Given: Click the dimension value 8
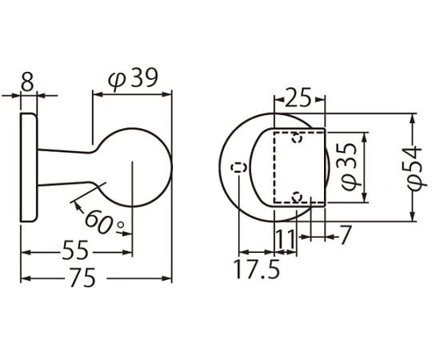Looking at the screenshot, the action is pyautogui.click(x=27, y=82).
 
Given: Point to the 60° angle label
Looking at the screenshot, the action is pyautogui.click(x=104, y=222).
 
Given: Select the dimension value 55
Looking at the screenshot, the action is pyautogui.click(x=75, y=250).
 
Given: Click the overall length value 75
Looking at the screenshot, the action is pyautogui.click(x=82, y=278).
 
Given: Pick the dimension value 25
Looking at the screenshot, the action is pyautogui.click(x=298, y=97).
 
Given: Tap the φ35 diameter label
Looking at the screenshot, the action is pyautogui.click(x=349, y=167).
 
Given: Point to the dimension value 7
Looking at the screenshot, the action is pyautogui.click(x=345, y=234).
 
